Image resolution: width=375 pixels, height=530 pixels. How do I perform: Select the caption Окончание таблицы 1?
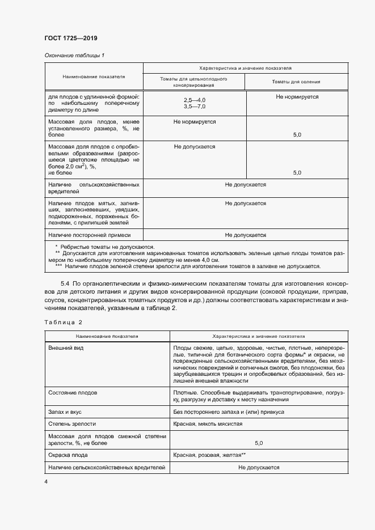click(74, 55)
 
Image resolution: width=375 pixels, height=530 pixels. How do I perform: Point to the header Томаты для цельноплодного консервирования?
click(193, 82)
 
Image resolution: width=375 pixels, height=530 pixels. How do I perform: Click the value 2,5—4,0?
click(194, 100)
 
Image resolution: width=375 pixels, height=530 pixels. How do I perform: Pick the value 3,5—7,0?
click(194, 107)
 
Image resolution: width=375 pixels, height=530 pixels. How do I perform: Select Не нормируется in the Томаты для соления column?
click(297, 97)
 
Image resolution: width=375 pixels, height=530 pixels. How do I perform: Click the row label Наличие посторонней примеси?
click(90, 234)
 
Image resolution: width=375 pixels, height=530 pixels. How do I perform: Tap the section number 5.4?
click(65, 283)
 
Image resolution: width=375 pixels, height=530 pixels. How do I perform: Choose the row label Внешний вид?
click(66, 347)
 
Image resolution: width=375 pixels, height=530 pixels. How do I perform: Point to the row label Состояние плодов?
click(73, 392)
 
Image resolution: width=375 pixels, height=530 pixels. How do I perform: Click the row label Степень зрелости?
click(72, 423)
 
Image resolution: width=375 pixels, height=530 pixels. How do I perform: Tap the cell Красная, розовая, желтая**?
click(209, 455)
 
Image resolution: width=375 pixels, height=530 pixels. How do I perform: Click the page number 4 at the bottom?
click(46, 481)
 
